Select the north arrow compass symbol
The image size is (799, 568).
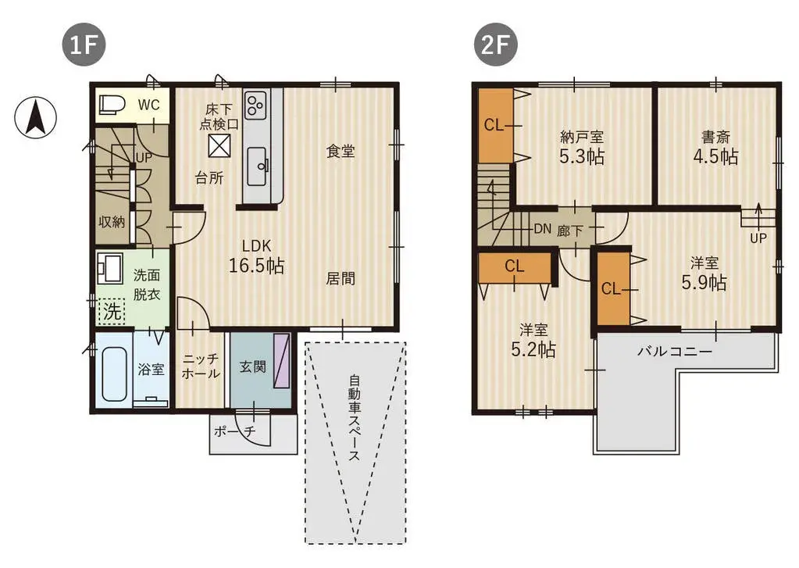click(35, 118)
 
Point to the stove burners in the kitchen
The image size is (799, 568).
click(255, 104)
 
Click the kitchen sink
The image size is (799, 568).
click(257, 165)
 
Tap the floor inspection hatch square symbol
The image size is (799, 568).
click(220, 145)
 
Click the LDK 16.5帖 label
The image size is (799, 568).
click(255, 255)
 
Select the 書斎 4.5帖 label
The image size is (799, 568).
click(715, 147)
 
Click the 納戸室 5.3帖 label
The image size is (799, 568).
click(581, 147)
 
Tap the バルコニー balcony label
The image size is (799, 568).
click(675, 352)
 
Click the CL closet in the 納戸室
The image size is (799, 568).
click(494, 125)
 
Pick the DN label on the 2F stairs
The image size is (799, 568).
click(543, 230)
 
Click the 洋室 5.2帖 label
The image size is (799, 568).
click(533, 340)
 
